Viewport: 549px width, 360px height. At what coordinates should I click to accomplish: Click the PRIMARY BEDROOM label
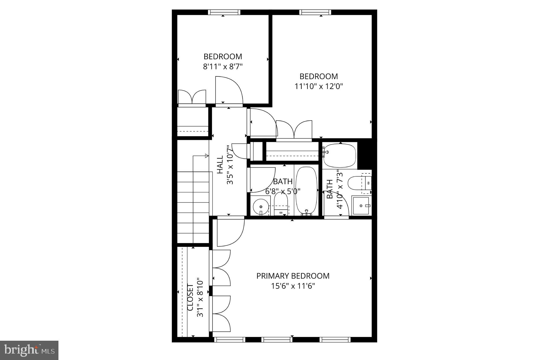click(293, 276)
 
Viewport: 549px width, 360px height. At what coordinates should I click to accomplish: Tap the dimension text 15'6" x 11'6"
click(293, 286)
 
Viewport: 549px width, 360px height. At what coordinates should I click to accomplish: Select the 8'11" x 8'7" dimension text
click(223, 66)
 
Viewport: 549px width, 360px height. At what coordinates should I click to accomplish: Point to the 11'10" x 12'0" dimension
click(319, 86)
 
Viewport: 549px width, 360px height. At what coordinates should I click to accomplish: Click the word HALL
click(220, 165)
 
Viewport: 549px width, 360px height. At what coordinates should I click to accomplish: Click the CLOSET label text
click(190, 298)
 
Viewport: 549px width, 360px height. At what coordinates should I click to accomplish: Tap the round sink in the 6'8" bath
click(261, 206)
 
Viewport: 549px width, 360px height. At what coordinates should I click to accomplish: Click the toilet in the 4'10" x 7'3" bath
click(357, 183)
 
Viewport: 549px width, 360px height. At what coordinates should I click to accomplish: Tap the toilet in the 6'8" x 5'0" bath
click(281, 204)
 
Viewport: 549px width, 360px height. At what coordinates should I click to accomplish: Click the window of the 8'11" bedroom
click(224, 12)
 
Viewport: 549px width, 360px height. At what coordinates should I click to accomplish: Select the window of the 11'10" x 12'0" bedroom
click(315, 12)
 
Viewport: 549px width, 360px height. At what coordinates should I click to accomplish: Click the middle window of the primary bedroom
click(277, 340)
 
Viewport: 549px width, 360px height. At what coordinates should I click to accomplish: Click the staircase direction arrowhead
click(207, 156)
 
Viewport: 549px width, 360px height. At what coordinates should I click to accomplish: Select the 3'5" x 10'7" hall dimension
click(230, 165)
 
